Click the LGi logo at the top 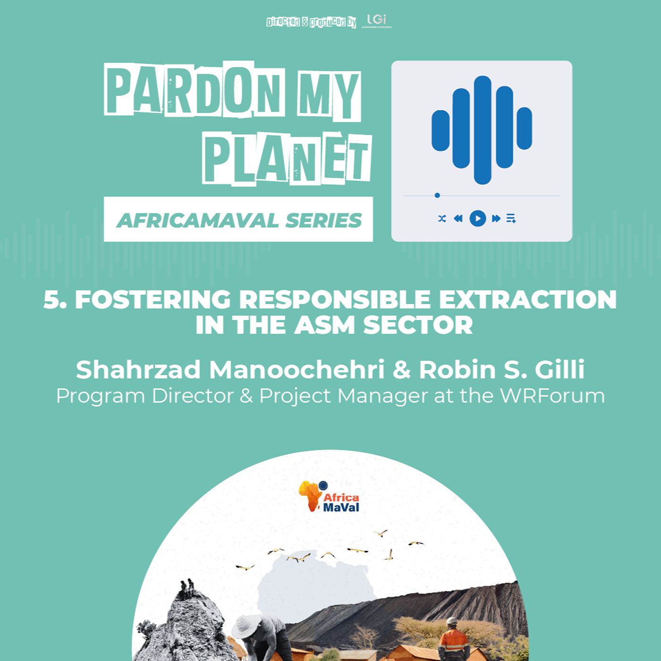click(376, 21)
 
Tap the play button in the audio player click(477, 218)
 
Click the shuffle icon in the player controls click(442, 218)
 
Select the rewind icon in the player click(458, 218)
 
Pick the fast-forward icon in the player click(496, 218)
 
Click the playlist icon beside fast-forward click(511, 218)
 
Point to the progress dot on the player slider click(437, 195)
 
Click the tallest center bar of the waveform click(482, 130)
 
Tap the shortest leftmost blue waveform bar click(441, 130)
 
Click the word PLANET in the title click(287, 159)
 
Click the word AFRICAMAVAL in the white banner click(197, 220)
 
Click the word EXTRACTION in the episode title click(527, 299)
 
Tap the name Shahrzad click(138, 369)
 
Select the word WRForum click(552, 396)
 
